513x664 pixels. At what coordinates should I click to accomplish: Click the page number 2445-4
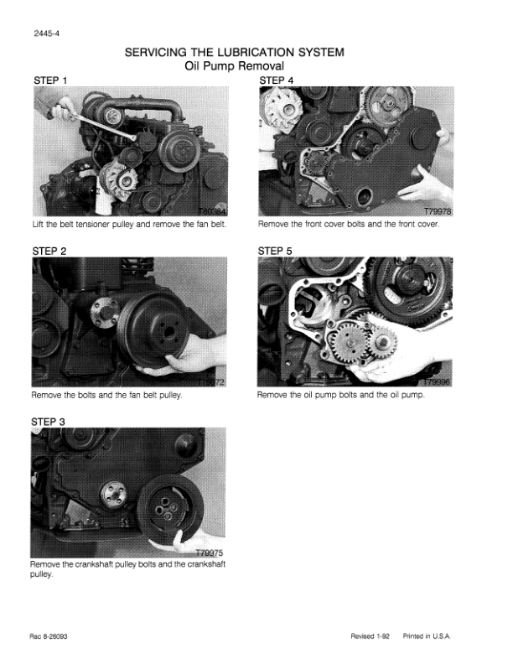(x=47, y=34)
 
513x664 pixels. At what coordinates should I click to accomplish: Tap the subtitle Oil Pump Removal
(x=235, y=66)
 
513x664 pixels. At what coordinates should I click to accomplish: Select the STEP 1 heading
(x=50, y=80)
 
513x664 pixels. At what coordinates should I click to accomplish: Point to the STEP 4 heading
(x=277, y=80)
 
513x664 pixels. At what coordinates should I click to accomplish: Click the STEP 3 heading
(x=49, y=422)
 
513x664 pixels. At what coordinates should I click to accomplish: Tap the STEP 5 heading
(x=275, y=252)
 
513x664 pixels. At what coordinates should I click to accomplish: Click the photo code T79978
(x=438, y=211)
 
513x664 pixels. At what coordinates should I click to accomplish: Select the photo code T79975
(x=210, y=552)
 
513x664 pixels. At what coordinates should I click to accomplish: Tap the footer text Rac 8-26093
(x=49, y=636)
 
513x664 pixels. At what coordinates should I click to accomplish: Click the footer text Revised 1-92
(x=370, y=636)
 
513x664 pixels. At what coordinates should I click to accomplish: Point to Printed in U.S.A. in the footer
(x=427, y=636)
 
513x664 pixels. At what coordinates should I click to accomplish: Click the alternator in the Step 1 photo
(x=118, y=181)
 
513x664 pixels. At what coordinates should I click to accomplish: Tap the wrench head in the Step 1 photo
(x=132, y=137)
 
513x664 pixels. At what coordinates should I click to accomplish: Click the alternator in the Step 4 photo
(x=281, y=109)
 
